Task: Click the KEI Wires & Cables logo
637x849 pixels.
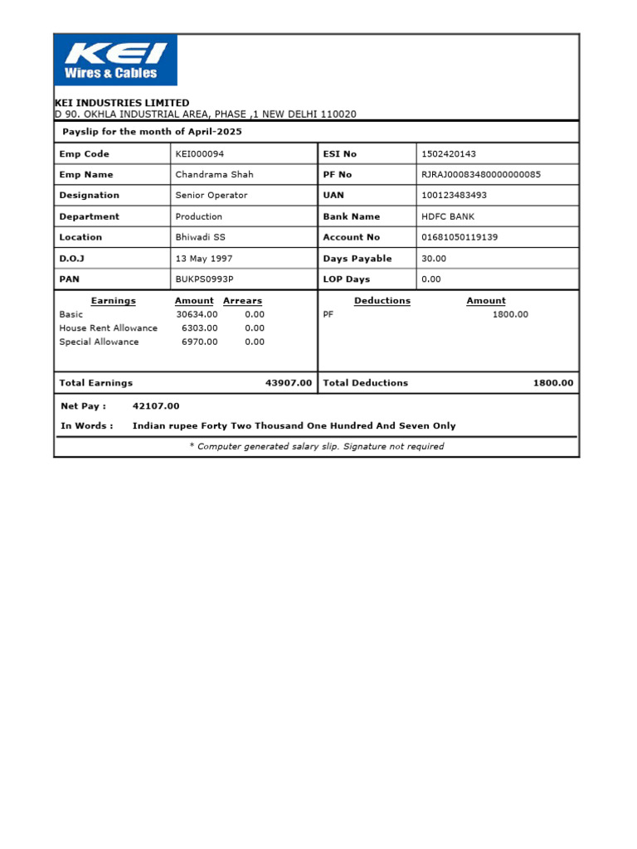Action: coord(116,61)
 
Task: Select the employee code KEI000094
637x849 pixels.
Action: coord(200,154)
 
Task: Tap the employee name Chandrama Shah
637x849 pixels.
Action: coord(214,175)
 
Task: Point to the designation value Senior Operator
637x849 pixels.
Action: coord(211,196)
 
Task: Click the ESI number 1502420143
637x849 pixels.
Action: coord(449,154)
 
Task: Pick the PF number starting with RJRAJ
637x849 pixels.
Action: coord(481,175)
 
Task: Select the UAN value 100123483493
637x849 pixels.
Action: coord(455,196)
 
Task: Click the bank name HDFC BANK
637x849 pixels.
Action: coord(448,216)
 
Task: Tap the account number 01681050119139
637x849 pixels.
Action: coord(460,237)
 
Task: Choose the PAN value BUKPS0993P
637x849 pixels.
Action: coord(204,279)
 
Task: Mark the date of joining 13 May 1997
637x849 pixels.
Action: coord(205,259)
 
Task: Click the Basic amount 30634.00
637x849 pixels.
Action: coord(197,314)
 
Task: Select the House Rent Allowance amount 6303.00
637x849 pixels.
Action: coord(200,328)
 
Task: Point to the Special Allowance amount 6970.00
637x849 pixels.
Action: coord(200,342)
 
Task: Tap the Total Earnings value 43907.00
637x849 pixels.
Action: coord(289,383)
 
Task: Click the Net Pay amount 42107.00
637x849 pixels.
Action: coord(156,406)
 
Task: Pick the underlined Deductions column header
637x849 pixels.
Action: coord(382,301)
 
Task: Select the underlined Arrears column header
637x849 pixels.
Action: coord(242,301)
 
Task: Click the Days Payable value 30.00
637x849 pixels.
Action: coord(434,259)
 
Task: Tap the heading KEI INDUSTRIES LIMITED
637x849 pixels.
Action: coord(122,103)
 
